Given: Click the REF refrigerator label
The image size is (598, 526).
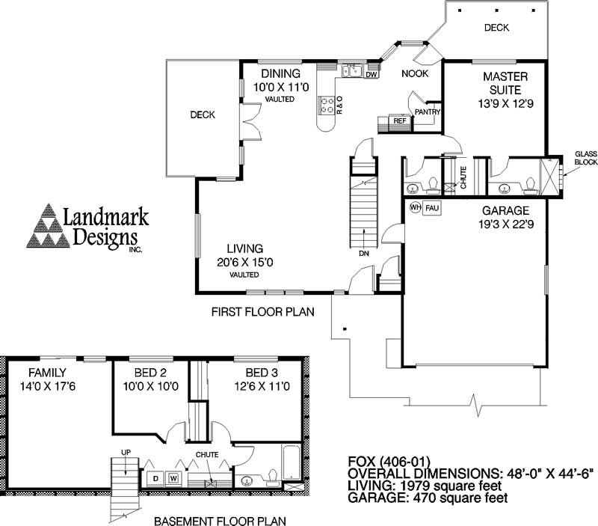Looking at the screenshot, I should [399, 120].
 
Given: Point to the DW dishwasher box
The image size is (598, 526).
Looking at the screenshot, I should [372, 74].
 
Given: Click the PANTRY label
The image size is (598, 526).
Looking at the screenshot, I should [427, 112].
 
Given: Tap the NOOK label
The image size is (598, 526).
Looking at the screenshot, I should [414, 73].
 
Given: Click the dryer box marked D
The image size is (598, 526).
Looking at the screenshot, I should [155, 477].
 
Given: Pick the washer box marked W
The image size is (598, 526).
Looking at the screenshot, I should [173, 477].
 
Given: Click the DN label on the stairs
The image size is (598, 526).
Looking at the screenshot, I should [363, 254].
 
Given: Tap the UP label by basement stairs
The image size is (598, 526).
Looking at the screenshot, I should [125, 452].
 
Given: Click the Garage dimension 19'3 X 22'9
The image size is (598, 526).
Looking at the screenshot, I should [506, 224].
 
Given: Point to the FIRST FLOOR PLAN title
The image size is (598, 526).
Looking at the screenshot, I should [262, 311].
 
